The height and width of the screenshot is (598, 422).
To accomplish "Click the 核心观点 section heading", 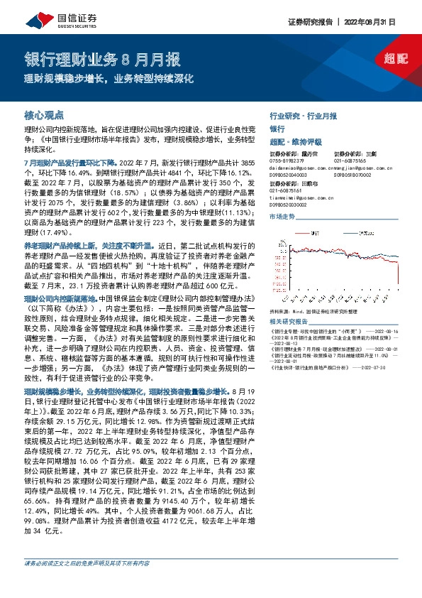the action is (x=44, y=114).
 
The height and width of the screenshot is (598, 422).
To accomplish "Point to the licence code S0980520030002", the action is (x=289, y=205).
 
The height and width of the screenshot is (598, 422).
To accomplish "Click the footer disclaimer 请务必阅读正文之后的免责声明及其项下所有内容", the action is (x=87, y=582).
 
